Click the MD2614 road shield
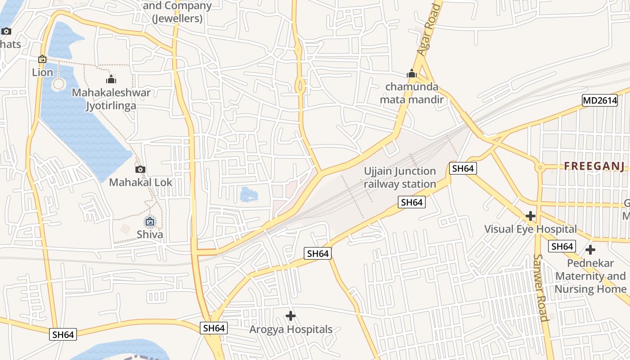[600, 100]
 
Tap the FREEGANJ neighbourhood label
[594, 166]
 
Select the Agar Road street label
[428, 30]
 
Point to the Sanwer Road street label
[540, 288]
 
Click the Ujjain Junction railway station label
[400, 177]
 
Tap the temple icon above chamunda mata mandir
[412, 73]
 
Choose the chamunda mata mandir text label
[412, 93]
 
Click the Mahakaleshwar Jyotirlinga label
[111, 99]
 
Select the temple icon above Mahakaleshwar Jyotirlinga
[111, 80]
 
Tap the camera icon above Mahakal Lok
[140, 169]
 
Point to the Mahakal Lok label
[140, 182]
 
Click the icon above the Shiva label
[150, 221]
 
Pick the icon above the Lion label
[42, 59]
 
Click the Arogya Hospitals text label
[291, 329]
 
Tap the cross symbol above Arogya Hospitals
[291, 316]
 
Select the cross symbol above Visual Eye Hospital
[531, 216]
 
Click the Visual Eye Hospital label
[530, 229]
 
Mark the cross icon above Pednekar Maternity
[590, 249]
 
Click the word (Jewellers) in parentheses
[177, 19]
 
